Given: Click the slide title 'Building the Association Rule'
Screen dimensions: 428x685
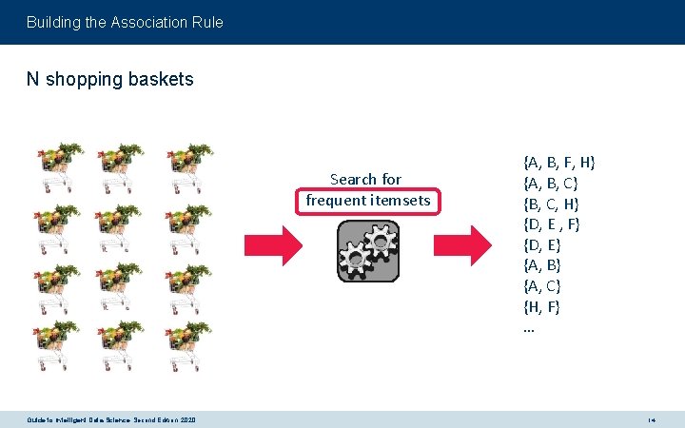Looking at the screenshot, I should (x=125, y=21).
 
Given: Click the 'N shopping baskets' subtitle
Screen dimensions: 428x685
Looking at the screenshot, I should (x=109, y=79).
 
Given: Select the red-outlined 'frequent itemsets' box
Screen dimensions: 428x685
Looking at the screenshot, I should (x=367, y=201).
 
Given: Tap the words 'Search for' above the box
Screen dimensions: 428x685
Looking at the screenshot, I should (x=365, y=179).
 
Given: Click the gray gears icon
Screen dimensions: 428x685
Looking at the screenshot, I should (x=367, y=251).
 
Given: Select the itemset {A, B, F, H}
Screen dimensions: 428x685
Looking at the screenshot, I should (x=560, y=161).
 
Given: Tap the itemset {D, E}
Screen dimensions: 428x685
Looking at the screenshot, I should (x=542, y=244).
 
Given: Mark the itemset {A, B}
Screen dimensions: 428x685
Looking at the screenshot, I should (x=542, y=264).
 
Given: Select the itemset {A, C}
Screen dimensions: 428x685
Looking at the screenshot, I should (x=542, y=285).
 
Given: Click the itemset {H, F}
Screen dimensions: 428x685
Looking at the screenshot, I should (x=542, y=306).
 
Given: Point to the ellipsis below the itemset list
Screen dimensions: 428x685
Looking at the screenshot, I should (x=529, y=328).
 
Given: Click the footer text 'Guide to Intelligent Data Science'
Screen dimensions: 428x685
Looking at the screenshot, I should (x=112, y=419).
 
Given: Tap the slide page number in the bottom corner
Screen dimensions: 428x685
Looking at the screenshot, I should (x=652, y=419).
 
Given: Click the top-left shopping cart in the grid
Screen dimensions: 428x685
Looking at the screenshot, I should (x=59, y=168).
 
